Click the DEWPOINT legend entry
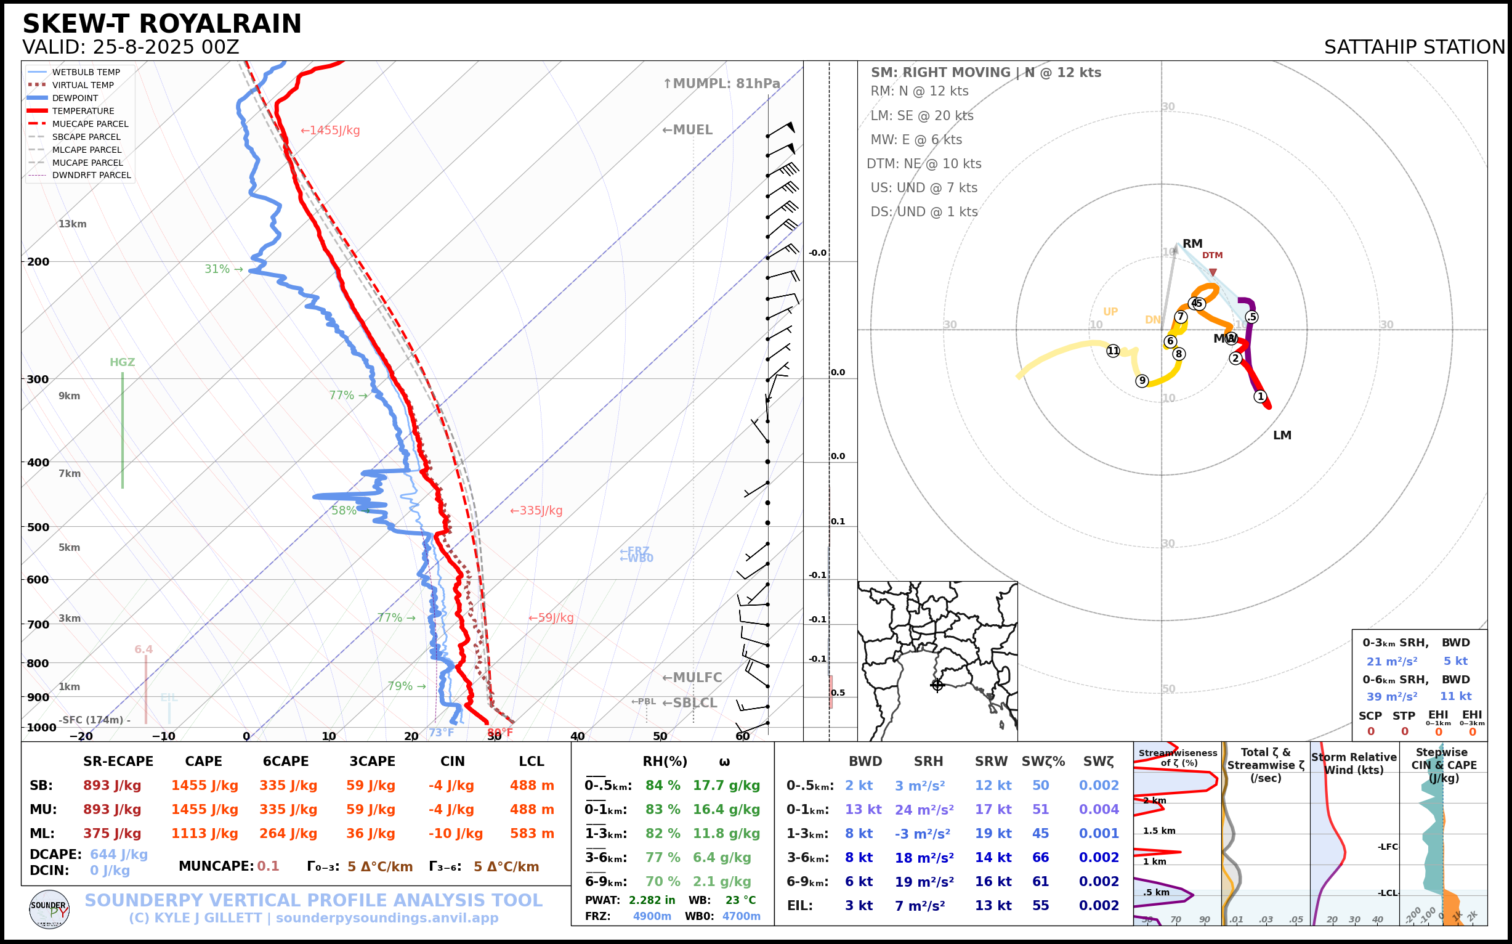coord(75,98)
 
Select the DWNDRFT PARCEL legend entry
coord(91,176)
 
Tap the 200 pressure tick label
coord(38,262)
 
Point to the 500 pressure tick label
coord(38,527)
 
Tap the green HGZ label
coord(123,362)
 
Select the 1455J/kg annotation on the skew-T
coord(330,131)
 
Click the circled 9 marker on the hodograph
coord(1142,381)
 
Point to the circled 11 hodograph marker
coord(1114,351)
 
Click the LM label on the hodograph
coord(1282,435)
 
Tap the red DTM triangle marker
coord(1213,272)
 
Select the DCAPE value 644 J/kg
coord(119,854)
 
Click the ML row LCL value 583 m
coord(532,834)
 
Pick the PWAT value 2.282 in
coord(652,900)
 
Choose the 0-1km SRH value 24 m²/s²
coord(924,810)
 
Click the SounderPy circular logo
coord(49,909)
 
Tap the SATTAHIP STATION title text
coord(1414,47)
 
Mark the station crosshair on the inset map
coord(937,685)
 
